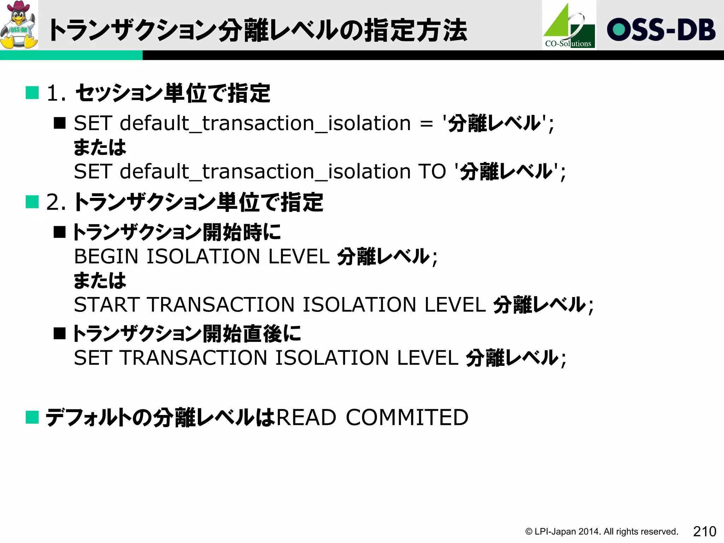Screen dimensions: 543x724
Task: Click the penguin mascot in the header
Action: [19, 25]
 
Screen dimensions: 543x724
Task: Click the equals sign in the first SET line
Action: [426, 124]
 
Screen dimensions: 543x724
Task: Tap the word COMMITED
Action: [407, 418]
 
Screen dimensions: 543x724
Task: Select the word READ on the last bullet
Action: [306, 418]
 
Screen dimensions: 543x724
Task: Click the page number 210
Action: [705, 531]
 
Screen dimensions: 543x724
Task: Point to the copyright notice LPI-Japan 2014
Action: [601, 532]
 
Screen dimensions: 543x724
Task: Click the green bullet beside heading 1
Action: [32, 93]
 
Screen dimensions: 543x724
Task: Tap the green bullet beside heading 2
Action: [32, 202]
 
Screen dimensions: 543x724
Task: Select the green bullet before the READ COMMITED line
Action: [32, 417]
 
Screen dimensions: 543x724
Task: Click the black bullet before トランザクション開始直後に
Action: [60, 333]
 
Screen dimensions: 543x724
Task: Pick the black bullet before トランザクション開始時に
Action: [60, 232]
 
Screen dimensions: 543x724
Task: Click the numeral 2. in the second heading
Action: [56, 203]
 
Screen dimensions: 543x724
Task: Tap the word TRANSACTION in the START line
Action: [221, 305]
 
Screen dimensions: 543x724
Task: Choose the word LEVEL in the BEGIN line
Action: [299, 256]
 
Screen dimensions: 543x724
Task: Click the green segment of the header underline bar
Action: [71, 55]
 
